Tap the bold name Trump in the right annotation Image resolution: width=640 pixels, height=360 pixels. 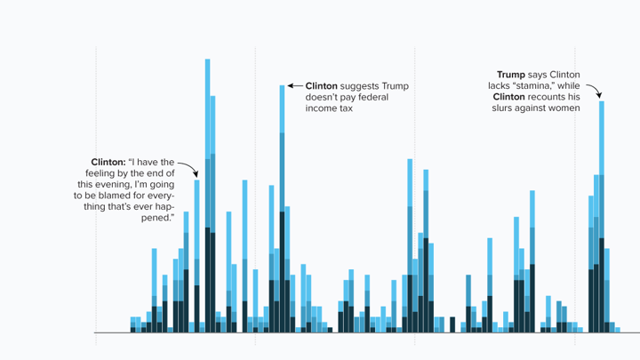point(510,74)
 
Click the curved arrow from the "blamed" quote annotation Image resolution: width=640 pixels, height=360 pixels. point(188,168)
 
